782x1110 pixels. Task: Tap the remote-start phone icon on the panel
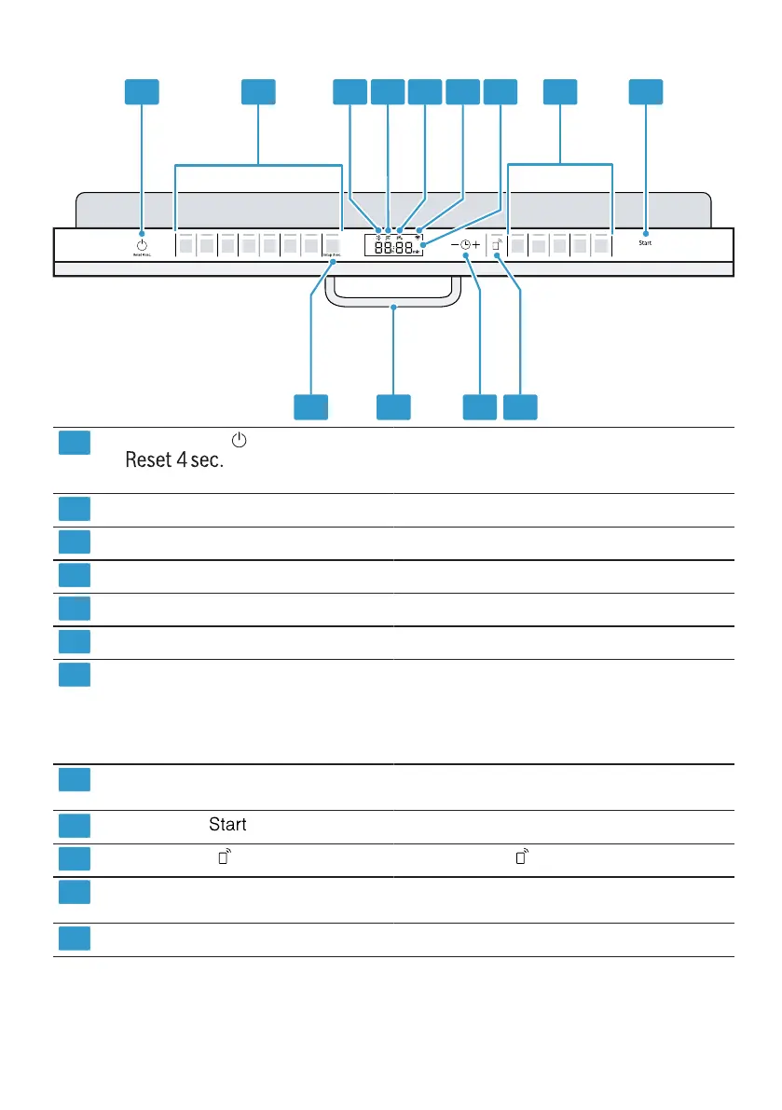click(498, 246)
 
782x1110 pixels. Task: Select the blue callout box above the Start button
click(646, 91)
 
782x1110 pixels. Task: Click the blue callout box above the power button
click(142, 91)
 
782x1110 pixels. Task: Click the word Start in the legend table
click(227, 825)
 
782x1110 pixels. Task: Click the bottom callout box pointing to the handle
click(394, 406)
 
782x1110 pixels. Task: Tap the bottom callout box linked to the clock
click(480, 406)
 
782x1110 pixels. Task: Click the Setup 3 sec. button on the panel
click(333, 247)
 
